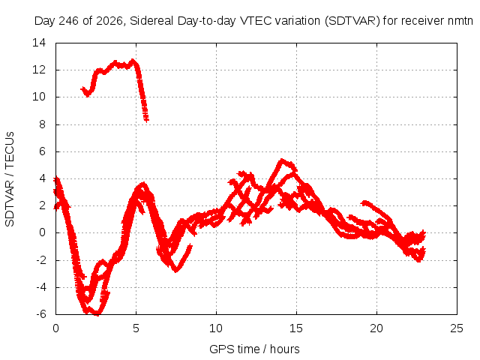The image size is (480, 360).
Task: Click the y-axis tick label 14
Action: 39,43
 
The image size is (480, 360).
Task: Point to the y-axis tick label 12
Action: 39,70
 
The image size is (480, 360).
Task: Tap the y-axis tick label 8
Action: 43,124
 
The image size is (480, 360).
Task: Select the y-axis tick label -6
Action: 40,314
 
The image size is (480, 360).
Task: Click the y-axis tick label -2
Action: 40,260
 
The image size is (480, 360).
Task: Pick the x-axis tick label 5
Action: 136,328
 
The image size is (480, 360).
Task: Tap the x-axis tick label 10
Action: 216,328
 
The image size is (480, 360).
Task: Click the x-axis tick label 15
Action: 296,328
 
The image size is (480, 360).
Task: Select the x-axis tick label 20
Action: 376,328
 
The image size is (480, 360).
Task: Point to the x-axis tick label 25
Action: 457,328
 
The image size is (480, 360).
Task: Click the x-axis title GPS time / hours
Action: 254,349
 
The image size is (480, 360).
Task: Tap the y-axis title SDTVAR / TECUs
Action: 10,179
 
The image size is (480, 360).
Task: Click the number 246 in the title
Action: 68,21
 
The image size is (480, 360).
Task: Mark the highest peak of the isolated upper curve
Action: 133,60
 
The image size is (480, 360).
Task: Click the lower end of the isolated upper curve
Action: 147,120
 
